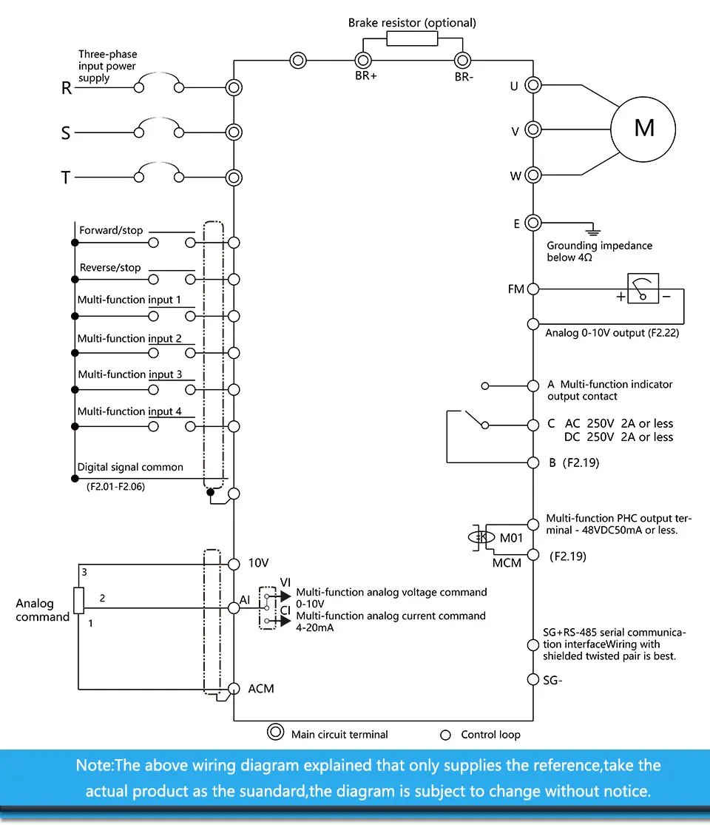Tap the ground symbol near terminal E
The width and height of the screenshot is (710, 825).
point(593,230)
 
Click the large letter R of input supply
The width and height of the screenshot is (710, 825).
point(67,88)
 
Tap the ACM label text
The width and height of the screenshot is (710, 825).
point(261,689)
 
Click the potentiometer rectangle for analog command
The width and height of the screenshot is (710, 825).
point(79,601)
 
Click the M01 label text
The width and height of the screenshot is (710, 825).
point(511,538)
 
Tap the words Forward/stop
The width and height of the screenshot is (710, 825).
point(111,230)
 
